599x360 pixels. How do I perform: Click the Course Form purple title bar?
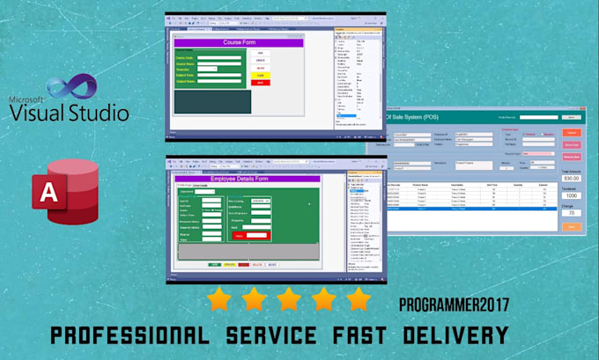click(239, 42)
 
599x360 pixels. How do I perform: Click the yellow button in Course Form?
click(260, 76)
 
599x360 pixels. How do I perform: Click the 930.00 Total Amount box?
click(571, 178)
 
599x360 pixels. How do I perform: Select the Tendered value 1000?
click(571, 195)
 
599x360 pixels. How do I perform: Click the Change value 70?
click(571, 212)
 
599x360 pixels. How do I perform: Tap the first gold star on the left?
click(219, 300)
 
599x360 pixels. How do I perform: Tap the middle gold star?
click(289, 300)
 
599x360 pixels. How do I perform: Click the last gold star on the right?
click(358, 300)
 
